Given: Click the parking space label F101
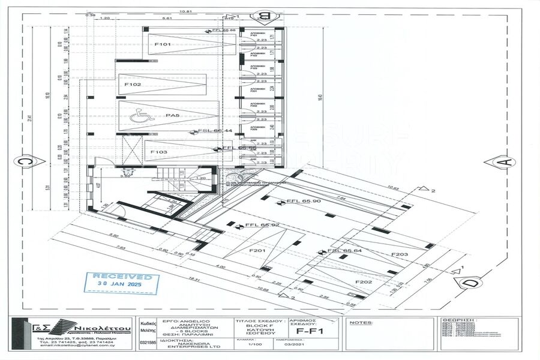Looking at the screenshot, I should [x=163, y=44].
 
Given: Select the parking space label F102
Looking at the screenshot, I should [x=133, y=85].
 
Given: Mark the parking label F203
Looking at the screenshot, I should [x=400, y=255].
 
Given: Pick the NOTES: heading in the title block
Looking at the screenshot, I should [x=361, y=322].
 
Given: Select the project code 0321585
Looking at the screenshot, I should [x=148, y=344].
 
